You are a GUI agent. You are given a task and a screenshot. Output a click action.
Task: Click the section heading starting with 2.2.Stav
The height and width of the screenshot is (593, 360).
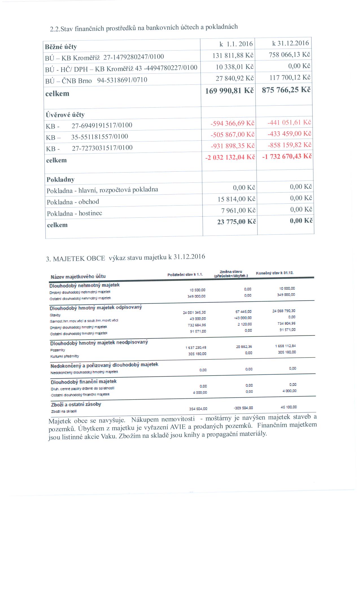click(144, 28)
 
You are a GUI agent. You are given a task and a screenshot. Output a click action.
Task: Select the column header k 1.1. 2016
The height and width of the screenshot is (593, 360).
click(236, 44)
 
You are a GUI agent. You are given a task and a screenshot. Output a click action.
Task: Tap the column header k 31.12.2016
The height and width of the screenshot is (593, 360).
click(290, 43)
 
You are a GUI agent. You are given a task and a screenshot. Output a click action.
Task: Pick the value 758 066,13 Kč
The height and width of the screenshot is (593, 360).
click(290, 54)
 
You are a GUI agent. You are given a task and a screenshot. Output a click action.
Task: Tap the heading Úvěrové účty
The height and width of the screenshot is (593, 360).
click(65, 115)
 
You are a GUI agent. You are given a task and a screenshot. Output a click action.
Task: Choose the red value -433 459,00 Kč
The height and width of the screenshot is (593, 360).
click(289, 133)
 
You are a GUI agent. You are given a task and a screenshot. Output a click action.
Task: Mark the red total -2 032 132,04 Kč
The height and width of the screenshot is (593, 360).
click(230, 157)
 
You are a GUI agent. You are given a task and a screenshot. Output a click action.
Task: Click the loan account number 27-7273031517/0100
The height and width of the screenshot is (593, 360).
click(102, 148)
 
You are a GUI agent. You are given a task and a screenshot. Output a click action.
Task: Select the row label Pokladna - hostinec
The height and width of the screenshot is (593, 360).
click(75, 213)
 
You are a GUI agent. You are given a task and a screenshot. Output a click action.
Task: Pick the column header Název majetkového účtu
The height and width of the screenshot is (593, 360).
click(78, 276)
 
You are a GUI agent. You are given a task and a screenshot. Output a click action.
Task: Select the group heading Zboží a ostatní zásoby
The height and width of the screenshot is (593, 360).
click(76, 404)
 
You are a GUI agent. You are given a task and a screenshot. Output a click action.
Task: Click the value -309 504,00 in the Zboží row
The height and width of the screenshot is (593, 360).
click(243, 408)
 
